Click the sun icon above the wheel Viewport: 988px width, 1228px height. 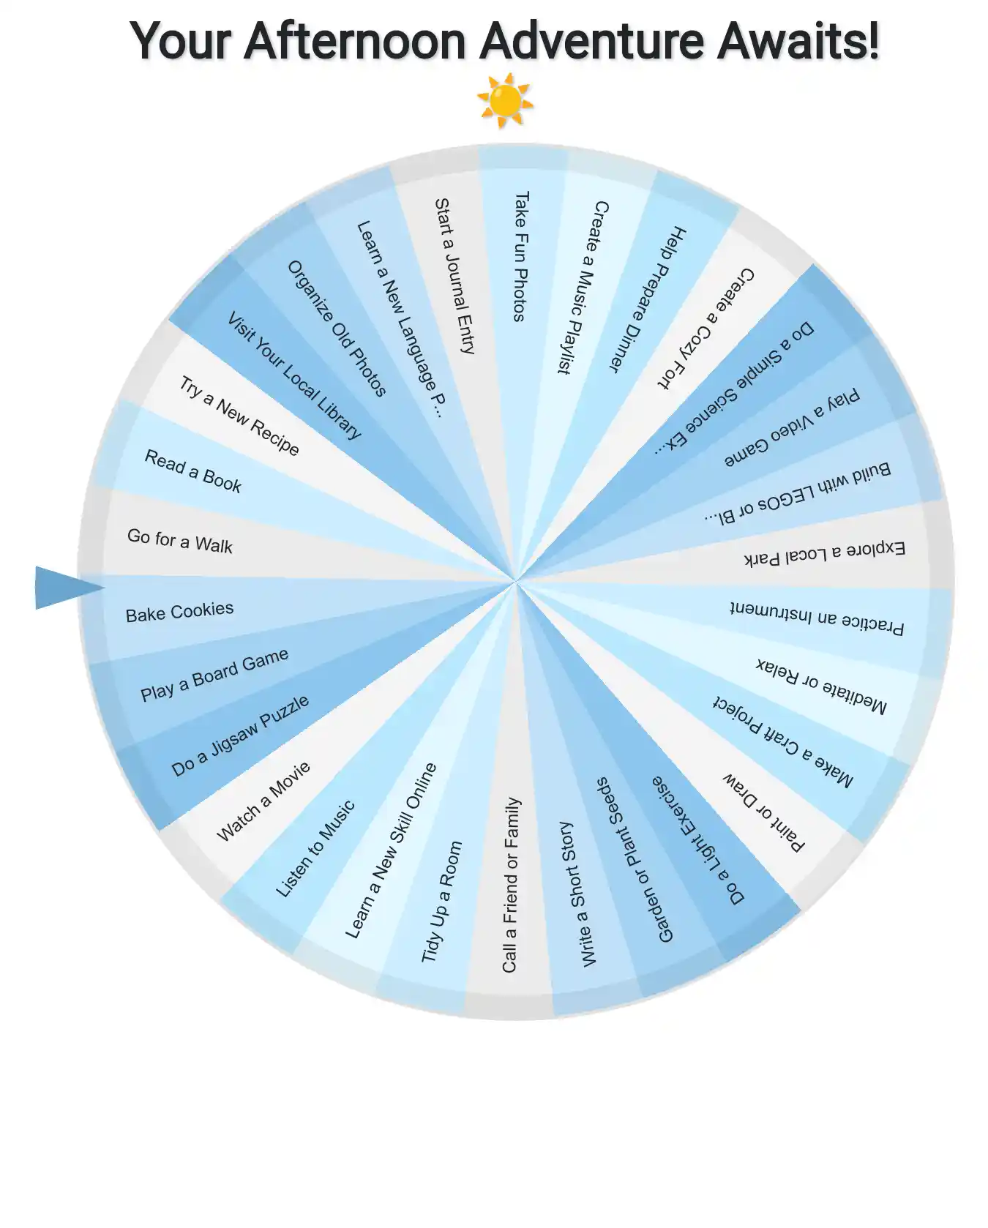(x=504, y=100)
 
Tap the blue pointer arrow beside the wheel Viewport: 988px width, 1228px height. (x=64, y=587)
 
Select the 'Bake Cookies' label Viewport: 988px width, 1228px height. (x=179, y=612)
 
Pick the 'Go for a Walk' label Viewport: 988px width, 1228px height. (x=179, y=541)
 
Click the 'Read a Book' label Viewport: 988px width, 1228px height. (x=192, y=471)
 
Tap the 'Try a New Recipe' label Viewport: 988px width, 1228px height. (x=239, y=415)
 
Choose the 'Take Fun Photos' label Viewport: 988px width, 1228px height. (x=520, y=256)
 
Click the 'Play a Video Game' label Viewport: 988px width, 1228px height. (x=791, y=429)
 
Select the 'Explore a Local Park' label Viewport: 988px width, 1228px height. (x=824, y=553)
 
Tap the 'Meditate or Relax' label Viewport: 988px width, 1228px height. (x=820, y=685)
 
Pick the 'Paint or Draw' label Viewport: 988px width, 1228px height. (x=763, y=812)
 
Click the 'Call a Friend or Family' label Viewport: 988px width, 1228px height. (x=511, y=885)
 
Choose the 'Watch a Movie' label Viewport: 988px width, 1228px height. (x=263, y=801)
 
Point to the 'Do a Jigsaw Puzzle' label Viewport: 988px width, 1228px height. (x=239, y=735)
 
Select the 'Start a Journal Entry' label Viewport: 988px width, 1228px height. (x=454, y=276)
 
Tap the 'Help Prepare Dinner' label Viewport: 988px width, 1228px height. (x=648, y=298)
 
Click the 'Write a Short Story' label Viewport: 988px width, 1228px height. (x=577, y=894)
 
